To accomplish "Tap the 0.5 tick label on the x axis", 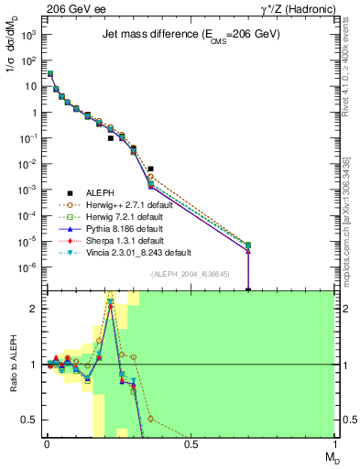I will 191,444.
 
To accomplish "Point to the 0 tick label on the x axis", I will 46,444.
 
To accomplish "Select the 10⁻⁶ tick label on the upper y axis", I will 27,267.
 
